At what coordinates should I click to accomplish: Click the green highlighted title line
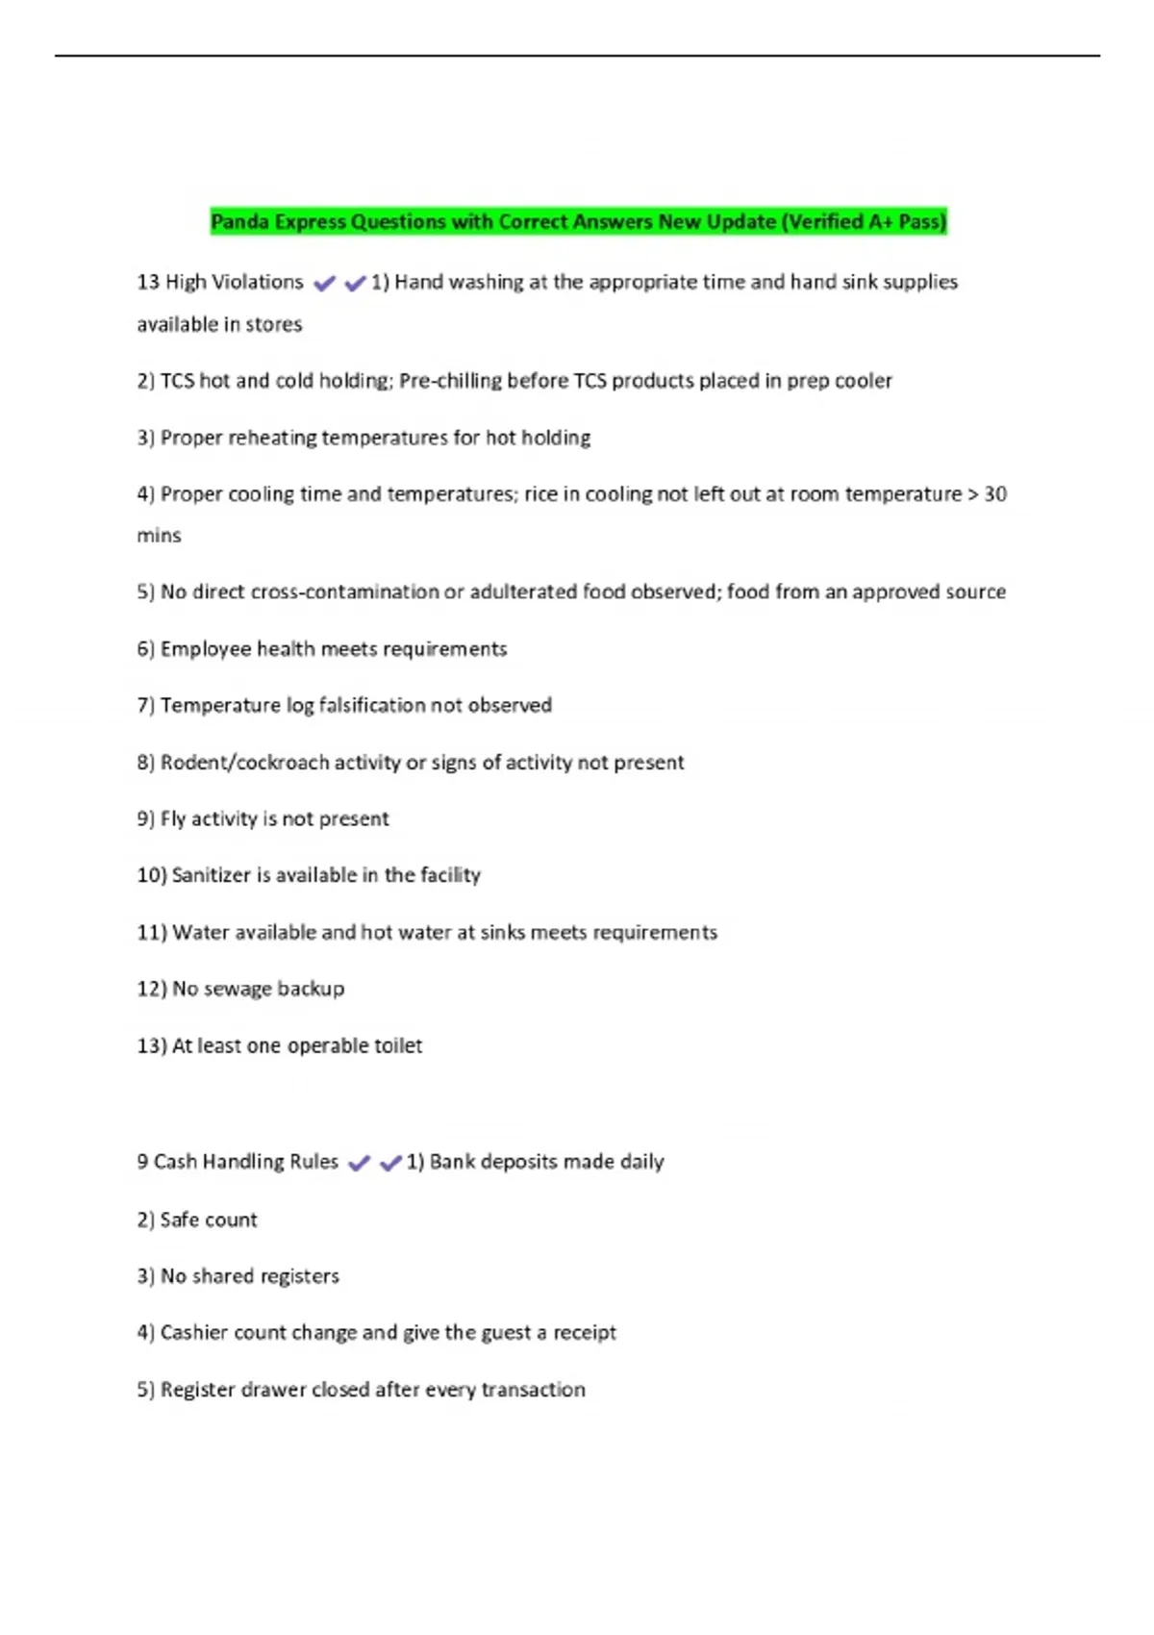pyautogui.click(x=578, y=221)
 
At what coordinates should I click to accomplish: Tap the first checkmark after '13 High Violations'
pyautogui.click(x=324, y=283)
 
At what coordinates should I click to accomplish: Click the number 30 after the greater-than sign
pyautogui.click(x=994, y=494)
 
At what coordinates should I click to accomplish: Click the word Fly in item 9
pyautogui.click(x=173, y=818)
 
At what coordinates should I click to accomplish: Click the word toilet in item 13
pyautogui.click(x=398, y=1045)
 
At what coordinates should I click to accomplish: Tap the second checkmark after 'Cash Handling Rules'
pyautogui.click(x=390, y=1163)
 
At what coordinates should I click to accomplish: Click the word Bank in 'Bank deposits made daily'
pyautogui.click(x=452, y=1162)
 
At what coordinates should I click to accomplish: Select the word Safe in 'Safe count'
pyautogui.click(x=180, y=1220)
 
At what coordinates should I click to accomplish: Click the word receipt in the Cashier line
pyautogui.click(x=584, y=1333)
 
